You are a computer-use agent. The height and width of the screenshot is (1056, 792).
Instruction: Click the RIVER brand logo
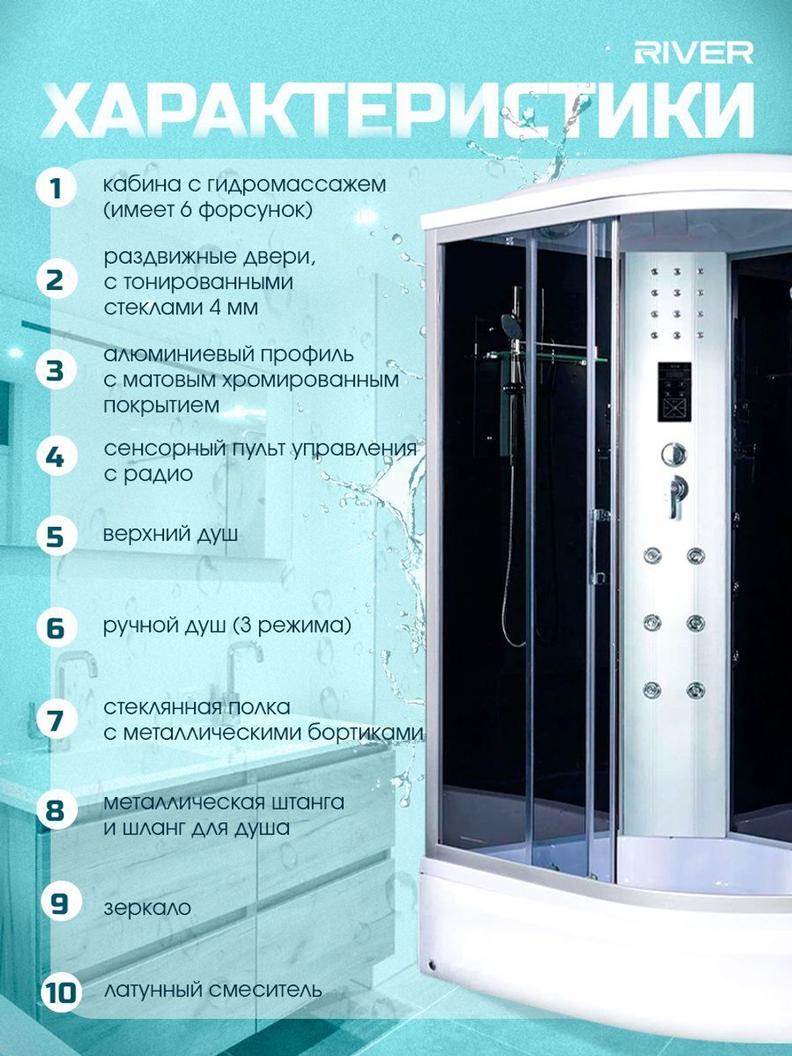[x=694, y=53]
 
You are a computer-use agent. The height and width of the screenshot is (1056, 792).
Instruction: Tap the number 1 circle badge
[x=56, y=188]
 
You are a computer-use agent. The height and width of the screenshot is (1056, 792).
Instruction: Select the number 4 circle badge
[x=56, y=456]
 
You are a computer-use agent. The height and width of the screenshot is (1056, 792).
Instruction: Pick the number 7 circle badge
[x=56, y=720]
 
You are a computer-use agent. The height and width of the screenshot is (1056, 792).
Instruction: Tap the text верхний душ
[x=171, y=535]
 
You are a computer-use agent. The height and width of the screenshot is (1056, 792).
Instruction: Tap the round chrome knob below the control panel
[x=674, y=454]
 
